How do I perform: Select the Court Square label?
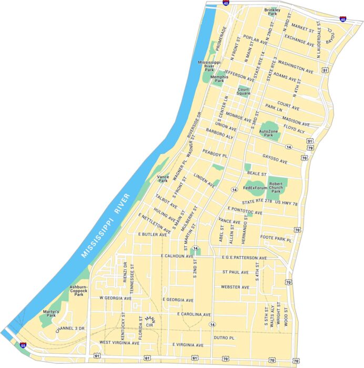[243, 91]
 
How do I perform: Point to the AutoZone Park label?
[269, 133]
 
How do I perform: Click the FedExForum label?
[255, 188]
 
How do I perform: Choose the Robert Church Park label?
[277, 188]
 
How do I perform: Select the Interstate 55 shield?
[23, 345]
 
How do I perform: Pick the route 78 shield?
[296, 361]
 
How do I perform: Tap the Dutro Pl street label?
[224, 338]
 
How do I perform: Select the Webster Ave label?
[235, 287]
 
